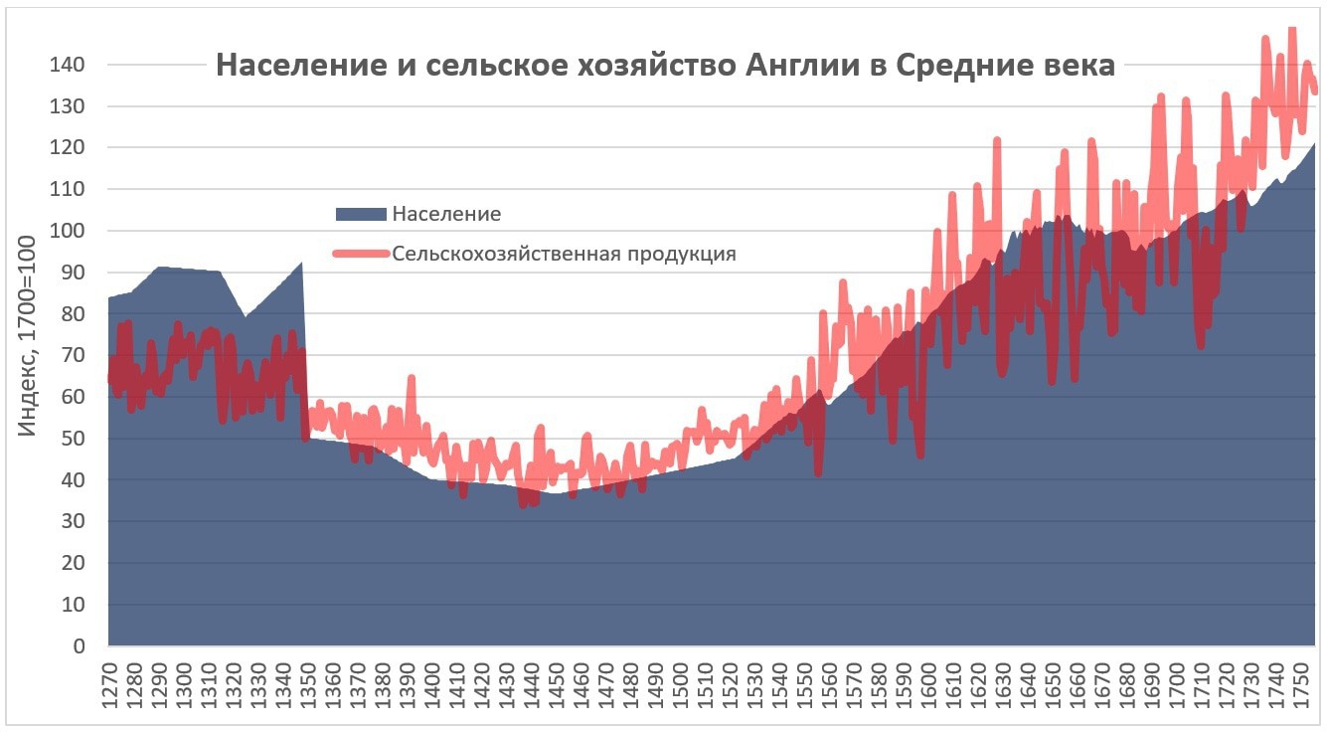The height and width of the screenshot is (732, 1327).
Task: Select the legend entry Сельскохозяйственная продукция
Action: pos(564,254)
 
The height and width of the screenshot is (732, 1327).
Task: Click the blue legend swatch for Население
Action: pos(361,214)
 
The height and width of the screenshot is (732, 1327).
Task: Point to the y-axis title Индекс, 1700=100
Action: pos(27,335)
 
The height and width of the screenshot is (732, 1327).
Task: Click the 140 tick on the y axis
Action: pos(68,65)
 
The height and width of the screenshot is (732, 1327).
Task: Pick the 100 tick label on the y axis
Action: pos(68,231)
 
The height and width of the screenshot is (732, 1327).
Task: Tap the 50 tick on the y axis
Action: pos(73,439)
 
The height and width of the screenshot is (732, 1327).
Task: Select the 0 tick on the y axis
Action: pos(78,646)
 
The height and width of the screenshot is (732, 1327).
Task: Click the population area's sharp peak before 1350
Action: pos(301,263)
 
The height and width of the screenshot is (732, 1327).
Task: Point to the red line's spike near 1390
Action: pos(411,378)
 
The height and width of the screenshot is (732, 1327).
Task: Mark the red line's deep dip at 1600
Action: pos(920,456)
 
